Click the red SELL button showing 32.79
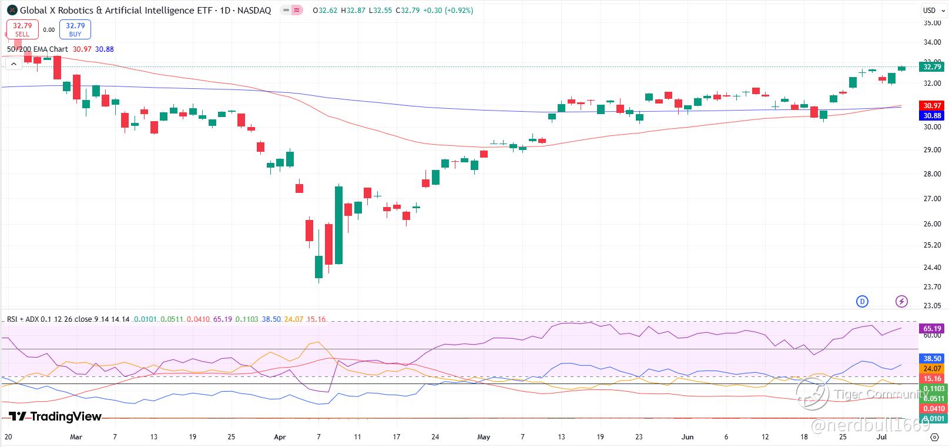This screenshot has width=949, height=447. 22,29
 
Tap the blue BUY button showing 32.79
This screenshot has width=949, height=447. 75,29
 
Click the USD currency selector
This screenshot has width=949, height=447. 929,10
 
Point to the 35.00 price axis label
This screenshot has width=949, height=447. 932,23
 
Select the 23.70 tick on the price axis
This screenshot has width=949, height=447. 932,287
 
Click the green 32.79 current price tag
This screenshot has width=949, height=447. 932,67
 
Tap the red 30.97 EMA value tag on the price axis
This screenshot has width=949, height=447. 932,106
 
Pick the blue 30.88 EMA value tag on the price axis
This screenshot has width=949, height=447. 932,116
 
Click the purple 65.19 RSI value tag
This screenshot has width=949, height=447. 932,329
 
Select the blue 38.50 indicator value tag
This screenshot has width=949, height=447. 932,358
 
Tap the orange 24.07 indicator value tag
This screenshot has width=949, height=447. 932,369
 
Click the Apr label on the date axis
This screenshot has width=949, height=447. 280,437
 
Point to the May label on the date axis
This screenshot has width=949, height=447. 484,437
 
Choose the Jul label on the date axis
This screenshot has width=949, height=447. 881,437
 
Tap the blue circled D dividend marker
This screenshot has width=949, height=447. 862,302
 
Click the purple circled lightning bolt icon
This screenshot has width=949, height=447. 901,302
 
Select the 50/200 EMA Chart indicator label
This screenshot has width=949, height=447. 38,49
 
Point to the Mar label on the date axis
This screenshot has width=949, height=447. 76,437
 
